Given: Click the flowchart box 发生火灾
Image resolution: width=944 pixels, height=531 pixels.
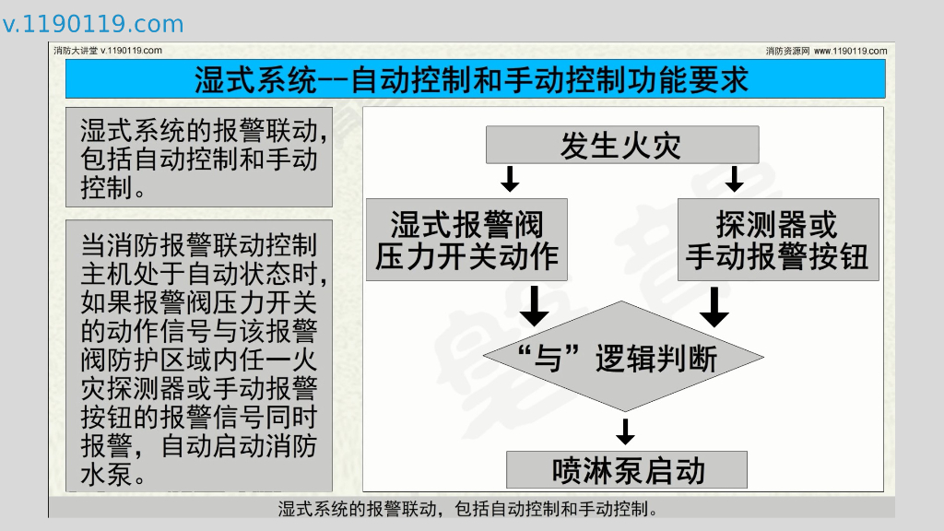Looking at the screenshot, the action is pos(621,145).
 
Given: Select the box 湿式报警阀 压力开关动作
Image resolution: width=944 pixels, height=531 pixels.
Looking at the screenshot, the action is pos(467,240).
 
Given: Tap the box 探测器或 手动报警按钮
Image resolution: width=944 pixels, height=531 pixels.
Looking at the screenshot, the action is pos(777,240).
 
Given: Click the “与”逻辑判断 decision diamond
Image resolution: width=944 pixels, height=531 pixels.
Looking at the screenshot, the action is pos(624,357).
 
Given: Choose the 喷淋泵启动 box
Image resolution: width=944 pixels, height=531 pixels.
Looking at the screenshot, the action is pos(627,470).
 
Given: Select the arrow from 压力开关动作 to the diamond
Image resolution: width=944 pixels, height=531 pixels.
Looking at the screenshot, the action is pos(533,306).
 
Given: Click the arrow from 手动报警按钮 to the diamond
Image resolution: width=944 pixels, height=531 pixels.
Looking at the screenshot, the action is pos(714,306).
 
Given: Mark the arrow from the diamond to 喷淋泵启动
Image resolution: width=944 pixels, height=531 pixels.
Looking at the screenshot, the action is pos(626,431).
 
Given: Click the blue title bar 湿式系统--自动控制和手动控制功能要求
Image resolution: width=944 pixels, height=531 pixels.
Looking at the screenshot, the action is pos(475,79).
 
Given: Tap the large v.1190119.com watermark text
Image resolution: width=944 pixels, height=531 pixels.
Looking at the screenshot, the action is pos(93,24).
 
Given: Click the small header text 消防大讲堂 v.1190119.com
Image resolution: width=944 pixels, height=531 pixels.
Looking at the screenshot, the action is pos(108,51).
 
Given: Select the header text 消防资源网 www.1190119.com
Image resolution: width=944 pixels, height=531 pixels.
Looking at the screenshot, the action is pos(826,51).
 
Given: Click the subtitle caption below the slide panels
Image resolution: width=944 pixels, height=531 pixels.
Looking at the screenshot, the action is pos(471,509).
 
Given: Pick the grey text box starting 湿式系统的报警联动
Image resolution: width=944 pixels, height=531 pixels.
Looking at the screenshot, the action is pos(198,158).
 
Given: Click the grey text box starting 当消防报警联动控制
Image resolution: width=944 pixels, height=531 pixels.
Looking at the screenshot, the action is pos(198,355).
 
